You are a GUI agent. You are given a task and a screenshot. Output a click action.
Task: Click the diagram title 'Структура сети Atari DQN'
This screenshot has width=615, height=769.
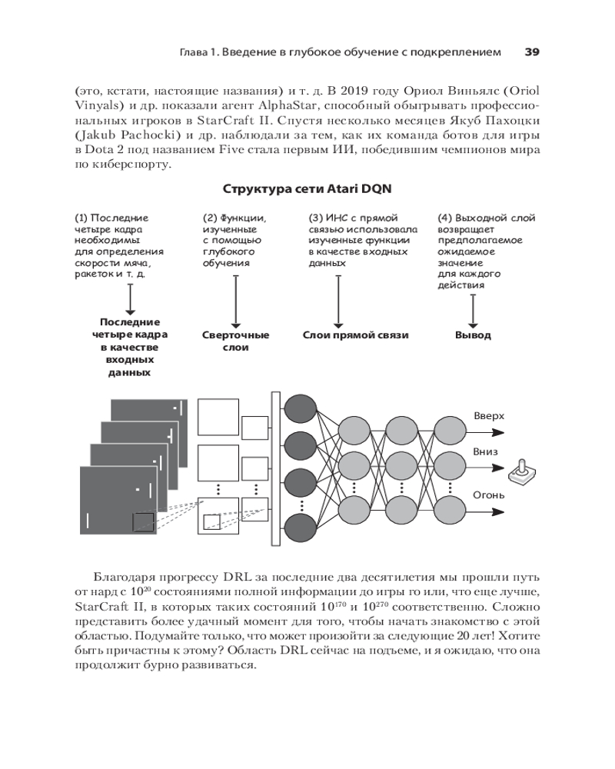click(x=307, y=188)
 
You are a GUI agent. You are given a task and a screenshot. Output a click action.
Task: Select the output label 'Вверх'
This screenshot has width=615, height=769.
click(x=489, y=416)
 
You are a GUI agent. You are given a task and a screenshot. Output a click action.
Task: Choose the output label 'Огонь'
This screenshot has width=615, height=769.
click(x=489, y=494)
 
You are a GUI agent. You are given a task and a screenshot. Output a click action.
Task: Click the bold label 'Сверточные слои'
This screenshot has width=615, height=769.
click(x=235, y=341)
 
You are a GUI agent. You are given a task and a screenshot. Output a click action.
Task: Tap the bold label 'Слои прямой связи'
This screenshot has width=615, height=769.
click(x=355, y=335)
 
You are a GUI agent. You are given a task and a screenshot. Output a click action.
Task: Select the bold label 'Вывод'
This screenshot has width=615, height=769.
click(x=473, y=335)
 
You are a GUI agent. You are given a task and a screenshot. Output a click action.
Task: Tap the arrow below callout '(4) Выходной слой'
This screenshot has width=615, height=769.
click(x=473, y=308)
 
